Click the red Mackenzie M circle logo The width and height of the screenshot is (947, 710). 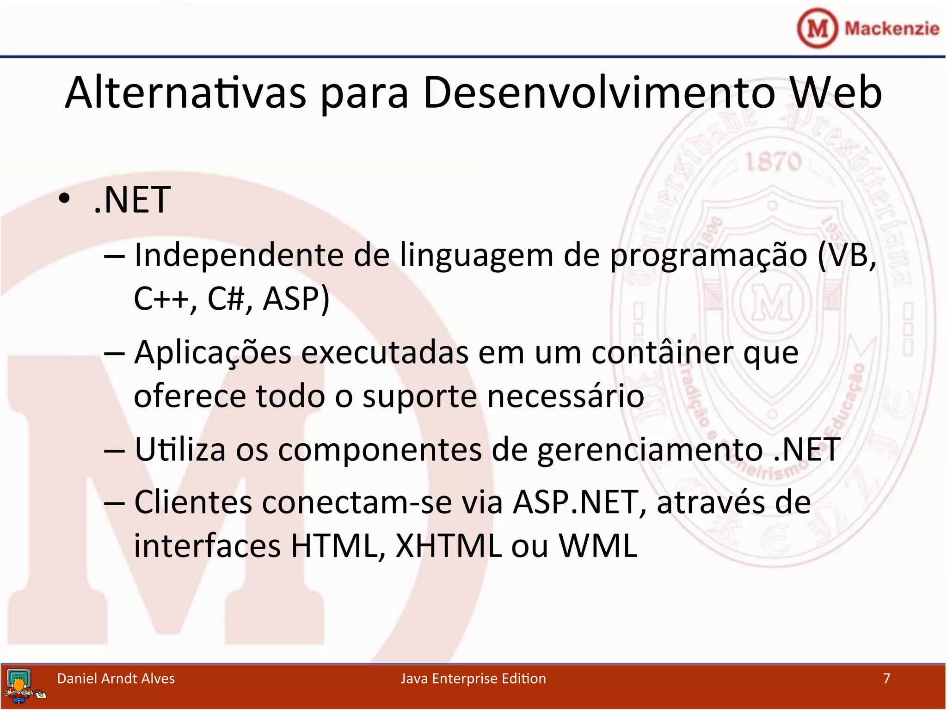tap(817, 28)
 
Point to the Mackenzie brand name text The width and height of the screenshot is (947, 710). tap(892, 28)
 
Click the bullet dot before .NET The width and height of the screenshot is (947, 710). tap(64, 199)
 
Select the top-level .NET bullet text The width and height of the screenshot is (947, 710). tap(132, 200)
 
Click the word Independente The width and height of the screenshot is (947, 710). tap(239, 255)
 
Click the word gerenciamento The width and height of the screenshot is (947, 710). tap(650, 450)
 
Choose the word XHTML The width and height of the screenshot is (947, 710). tap(449, 545)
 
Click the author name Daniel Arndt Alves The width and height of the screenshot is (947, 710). tap(116, 678)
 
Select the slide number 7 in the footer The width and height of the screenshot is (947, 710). tap(886, 678)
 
